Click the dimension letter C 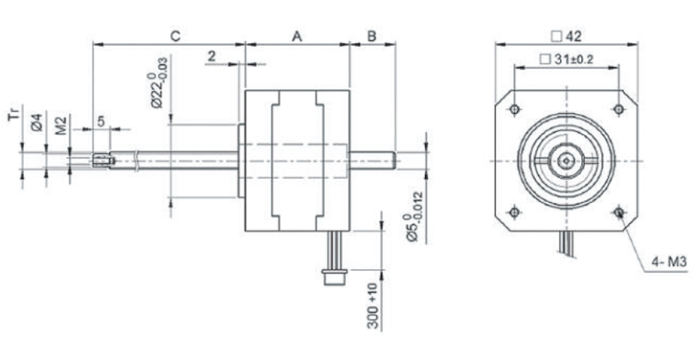pyautogui.click(x=176, y=35)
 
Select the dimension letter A pyautogui.click(x=297, y=35)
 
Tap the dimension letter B pyautogui.click(x=371, y=35)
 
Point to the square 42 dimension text pyautogui.click(x=566, y=36)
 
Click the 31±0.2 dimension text pyautogui.click(x=567, y=59)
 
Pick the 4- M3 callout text pyautogui.click(x=669, y=262)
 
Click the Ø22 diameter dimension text pyautogui.click(x=158, y=82)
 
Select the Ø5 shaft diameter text pyautogui.click(x=414, y=216)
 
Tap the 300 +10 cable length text pyautogui.click(x=373, y=306)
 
